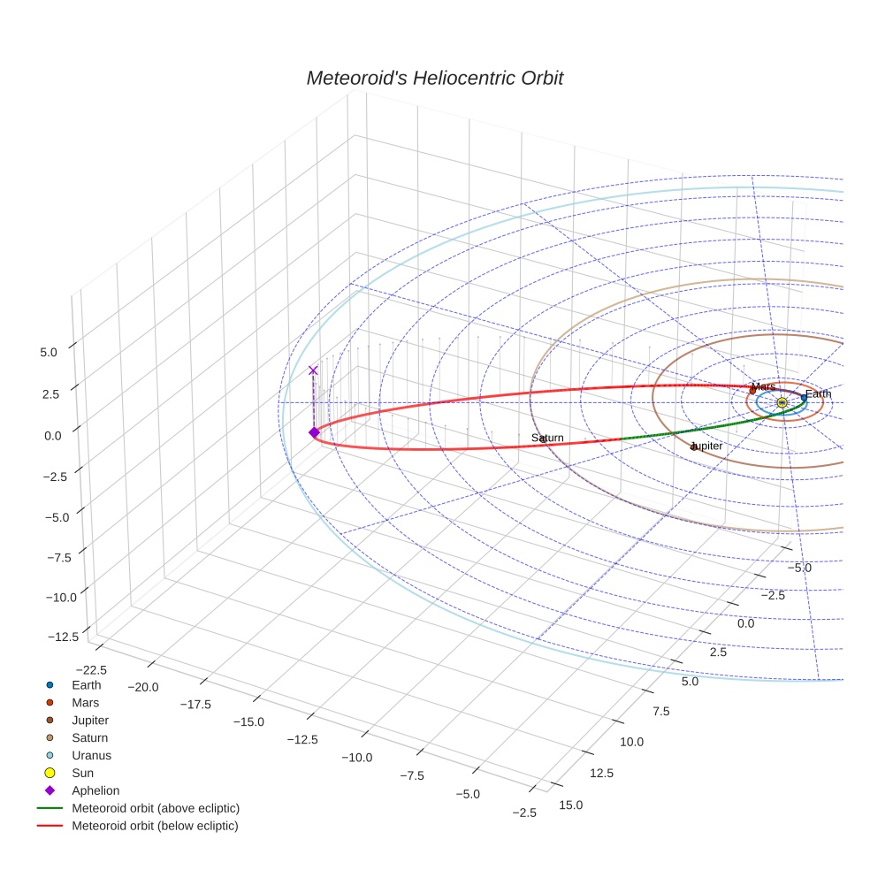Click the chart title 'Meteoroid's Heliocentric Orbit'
tap(434, 78)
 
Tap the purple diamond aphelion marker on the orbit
tap(313, 431)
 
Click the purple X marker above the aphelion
tap(312, 370)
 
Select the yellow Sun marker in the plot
tap(782, 402)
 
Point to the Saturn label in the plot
tap(547, 439)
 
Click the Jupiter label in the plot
tap(706, 446)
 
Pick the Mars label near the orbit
tap(764, 386)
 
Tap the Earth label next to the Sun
tap(818, 394)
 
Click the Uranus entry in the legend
tap(91, 755)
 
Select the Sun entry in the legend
tap(82, 773)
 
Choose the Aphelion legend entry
tap(95, 790)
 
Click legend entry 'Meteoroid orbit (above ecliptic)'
tap(155, 808)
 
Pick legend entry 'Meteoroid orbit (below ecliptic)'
tap(155, 826)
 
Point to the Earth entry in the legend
tap(86, 684)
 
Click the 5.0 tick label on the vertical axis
tap(48, 352)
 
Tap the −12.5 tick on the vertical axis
tap(62, 637)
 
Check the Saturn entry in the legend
tap(89, 737)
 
